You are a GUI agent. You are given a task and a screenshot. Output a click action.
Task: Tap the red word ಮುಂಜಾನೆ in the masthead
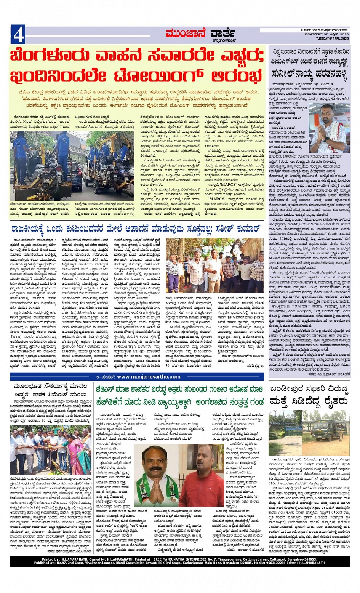point(186,34)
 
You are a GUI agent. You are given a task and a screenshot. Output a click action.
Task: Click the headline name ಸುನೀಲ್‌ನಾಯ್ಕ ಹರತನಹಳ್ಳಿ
point(310,74)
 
